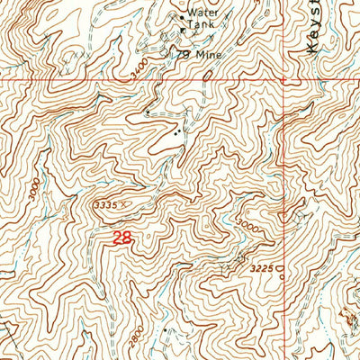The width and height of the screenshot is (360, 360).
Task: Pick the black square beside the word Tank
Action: tap(183, 29)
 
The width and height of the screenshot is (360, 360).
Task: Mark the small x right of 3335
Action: tap(125, 204)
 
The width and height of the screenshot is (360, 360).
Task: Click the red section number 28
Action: tap(123, 238)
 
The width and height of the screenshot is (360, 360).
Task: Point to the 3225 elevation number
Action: tap(259, 267)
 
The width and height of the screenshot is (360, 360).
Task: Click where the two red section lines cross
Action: tap(283, 79)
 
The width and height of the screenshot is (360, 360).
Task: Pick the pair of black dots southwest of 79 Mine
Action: tap(177, 131)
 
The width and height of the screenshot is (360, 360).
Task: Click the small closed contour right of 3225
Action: tap(279, 267)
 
